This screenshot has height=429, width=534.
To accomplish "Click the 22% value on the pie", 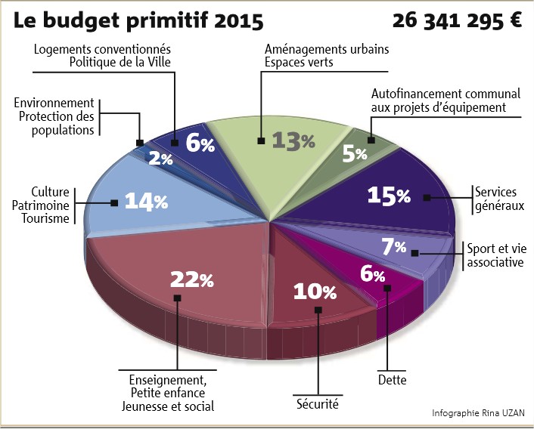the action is (x=192, y=279).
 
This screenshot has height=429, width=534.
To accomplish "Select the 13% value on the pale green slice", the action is (x=293, y=140).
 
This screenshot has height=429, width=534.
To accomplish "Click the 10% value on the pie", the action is (x=315, y=292).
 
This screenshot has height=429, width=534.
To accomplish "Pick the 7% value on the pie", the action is (x=393, y=246).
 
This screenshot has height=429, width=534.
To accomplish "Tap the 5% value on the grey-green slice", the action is (x=355, y=153).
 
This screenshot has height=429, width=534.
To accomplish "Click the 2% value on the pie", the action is (x=161, y=159).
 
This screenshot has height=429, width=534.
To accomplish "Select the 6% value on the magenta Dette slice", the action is (x=373, y=274).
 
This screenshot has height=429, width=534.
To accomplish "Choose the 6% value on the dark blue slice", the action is (x=200, y=144).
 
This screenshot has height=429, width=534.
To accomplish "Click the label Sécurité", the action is (x=318, y=404).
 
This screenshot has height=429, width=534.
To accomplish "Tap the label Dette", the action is (x=392, y=379).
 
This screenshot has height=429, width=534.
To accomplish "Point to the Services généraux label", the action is (x=499, y=199).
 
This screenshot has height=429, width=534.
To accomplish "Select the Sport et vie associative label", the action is (x=496, y=255).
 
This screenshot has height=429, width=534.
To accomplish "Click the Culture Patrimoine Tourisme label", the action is (x=41, y=205).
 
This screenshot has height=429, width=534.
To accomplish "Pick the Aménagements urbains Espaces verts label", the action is (x=327, y=55).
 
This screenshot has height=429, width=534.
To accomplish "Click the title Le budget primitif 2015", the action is (x=138, y=20).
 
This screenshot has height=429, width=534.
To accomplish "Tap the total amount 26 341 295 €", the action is (x=457, y=20).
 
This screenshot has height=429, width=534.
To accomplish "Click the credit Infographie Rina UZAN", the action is (x=478, y=413).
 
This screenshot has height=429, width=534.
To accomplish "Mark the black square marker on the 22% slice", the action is (x=177, y=298).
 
